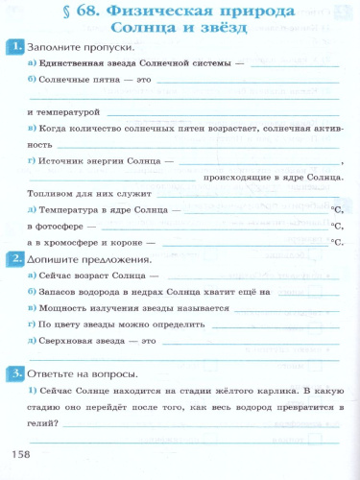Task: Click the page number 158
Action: click(20, 452)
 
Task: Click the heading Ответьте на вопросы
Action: click(85, 373)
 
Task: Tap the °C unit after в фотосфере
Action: click(336, 226)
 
